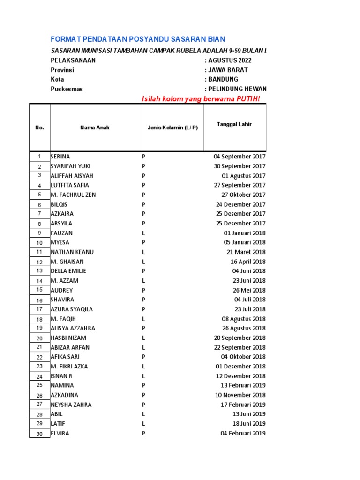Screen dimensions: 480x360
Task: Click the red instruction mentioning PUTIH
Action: click(x=201, y=98)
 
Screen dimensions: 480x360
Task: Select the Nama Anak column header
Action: click(x=95, y=127)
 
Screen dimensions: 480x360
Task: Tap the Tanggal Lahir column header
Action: click(x=234, y=124)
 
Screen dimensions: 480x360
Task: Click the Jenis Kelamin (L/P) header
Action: click(x=172, y=127)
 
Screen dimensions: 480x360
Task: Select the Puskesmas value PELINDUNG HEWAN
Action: click(x=237, y=89)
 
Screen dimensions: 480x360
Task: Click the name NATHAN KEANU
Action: click(x=72, y=252)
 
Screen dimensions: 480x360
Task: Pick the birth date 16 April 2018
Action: click(x=248, y=262)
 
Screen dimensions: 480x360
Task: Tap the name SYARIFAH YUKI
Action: click(x=71, y=166)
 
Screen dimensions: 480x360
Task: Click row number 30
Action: click(x=39, y=434)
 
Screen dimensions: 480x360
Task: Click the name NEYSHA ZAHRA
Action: click(x=71, y=405)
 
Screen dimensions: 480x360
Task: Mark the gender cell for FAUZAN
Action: click(x=144, y=233)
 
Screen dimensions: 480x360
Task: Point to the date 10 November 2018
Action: click(x=240, y=395)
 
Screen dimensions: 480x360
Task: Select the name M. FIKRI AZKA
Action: click(x=69, y=367)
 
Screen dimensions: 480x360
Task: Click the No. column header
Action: click(x=39, y=127)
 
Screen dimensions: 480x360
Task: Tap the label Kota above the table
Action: click(x=57, y=79)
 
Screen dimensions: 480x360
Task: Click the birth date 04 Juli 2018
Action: click(x=250, y=300)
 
